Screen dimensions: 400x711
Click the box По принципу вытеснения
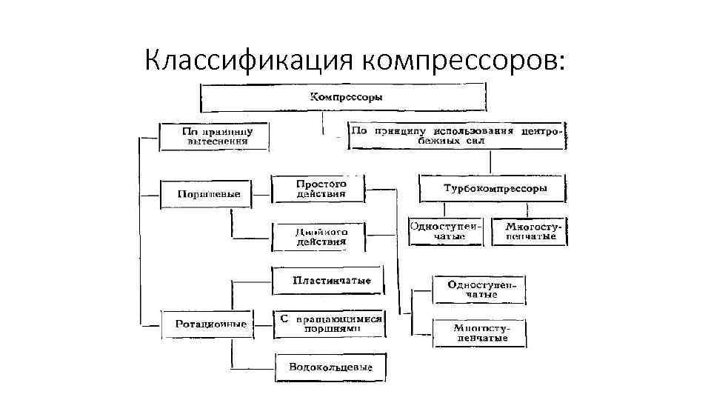pyautogui.click(x=215, y=136)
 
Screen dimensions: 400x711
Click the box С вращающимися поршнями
pyautogui.click(x=330, y=323)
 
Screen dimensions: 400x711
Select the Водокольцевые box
pyautogui.click(x=331, y=367)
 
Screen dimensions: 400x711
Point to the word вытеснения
pyautogui.click(x=215, y=141)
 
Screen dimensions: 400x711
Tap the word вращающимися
pyautogui.click(x=338, y=319)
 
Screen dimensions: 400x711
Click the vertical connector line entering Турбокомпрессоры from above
pyautogui.click(x=489, y=163)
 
